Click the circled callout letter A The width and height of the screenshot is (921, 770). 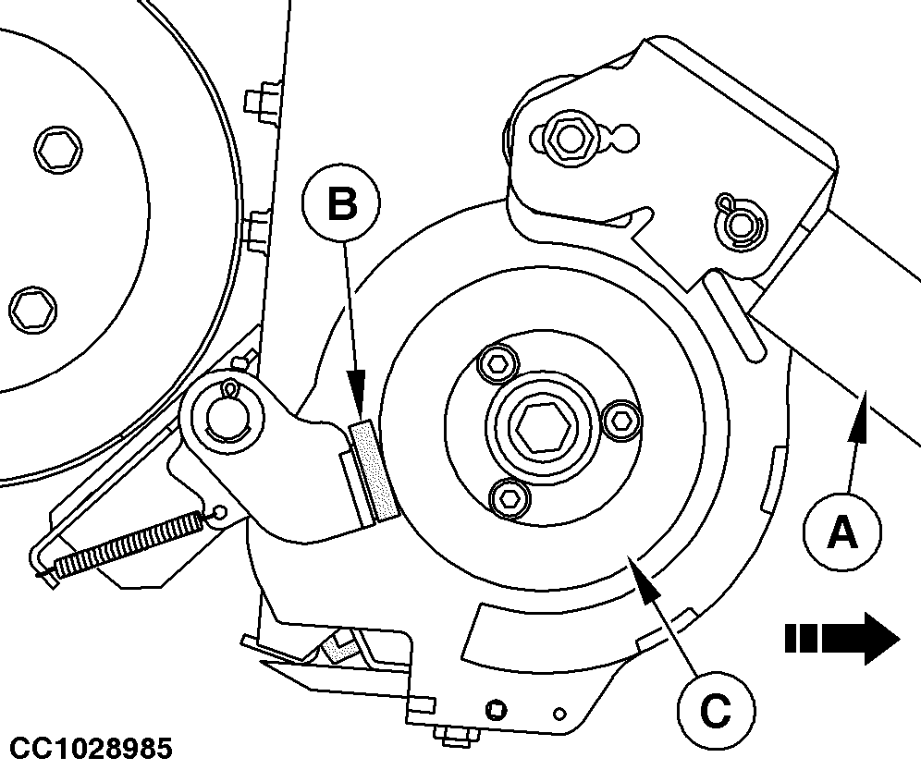pyautogui.click(x=841, y=532)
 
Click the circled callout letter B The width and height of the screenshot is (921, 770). pyautogui.click(x=340, y=203)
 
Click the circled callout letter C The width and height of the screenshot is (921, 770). pyautogui.click(x=716, y=711)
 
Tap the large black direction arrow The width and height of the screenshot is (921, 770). pyautogui.click(x=842, y=638)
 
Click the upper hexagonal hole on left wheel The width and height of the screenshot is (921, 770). pyautogui.click(x=57, y=149)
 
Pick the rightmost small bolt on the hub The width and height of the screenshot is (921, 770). pyautogui.click(x=622, y=420)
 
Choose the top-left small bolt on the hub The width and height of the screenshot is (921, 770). pyautogui.click(x=499, y=365)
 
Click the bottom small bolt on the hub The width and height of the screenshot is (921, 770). pyautogui.click(x=509, y=497)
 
